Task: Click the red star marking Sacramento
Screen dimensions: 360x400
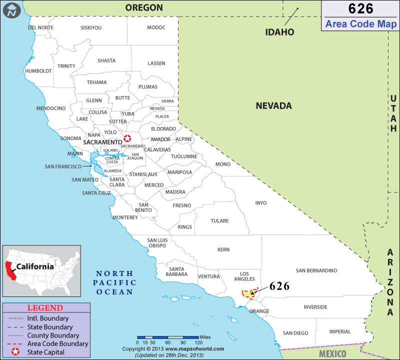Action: pos(127,138)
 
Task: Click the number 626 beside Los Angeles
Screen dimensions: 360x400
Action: pos(279,286)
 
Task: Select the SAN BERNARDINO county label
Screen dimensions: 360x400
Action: pos(316,270)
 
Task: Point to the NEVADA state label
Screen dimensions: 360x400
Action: pos(273,106)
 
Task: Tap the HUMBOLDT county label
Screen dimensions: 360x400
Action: pos(38,71)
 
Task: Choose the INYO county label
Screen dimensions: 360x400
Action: pos(261,203)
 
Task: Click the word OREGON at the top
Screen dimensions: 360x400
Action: pos(144,7)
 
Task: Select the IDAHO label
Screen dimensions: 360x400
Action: pos(279,32)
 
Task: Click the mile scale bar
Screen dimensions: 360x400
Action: pos(168,337)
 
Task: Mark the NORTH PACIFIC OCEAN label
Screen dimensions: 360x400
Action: pos(114,282)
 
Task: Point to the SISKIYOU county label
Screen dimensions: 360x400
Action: pos(91,27)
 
